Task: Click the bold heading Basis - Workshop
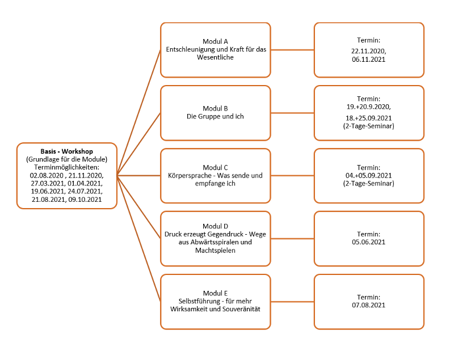coord(66,151)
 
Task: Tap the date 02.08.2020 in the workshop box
coord(47,175)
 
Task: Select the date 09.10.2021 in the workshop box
coord(85,199)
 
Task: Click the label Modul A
coord(215,41)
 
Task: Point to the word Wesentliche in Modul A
coord(215,57)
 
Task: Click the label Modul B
coord(215,108)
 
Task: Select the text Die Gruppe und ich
coord(215,116)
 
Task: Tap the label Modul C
coord(215,167)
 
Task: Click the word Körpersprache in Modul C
coord(190,176)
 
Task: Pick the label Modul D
coord(215,226)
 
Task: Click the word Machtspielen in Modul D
coord(215,251)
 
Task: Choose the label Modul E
coord(215,293)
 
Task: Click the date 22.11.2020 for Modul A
coord(368,51)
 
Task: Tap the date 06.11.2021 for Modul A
coord(368,60)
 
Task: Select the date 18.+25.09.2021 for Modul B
coord(368,118)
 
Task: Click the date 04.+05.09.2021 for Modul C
coord(368,176)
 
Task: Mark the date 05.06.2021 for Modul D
coord(368,242)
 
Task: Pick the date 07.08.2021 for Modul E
coord(368,305)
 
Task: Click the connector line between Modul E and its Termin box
coord(292,302)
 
